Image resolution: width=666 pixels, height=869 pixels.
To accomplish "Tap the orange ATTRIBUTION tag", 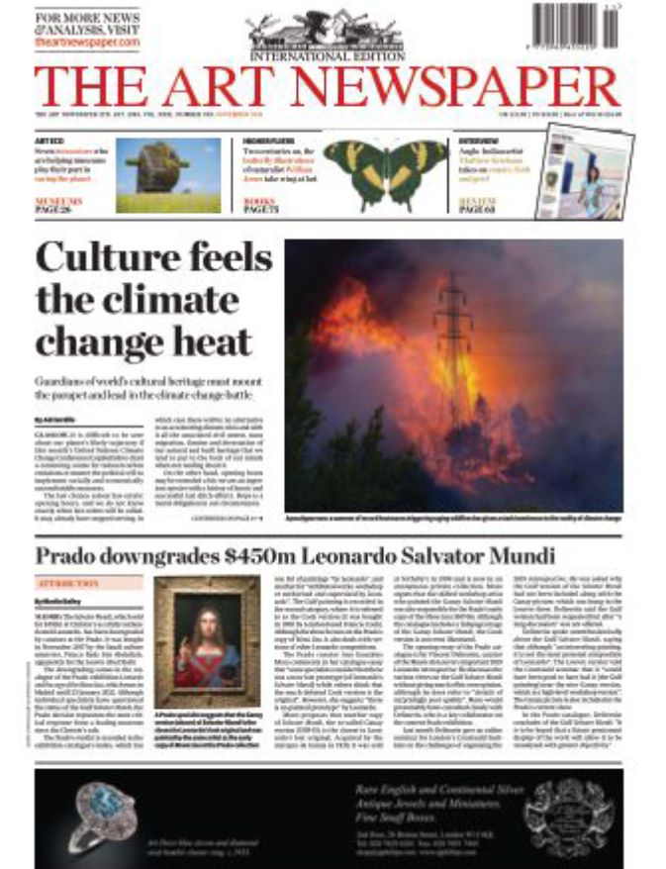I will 62,584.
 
